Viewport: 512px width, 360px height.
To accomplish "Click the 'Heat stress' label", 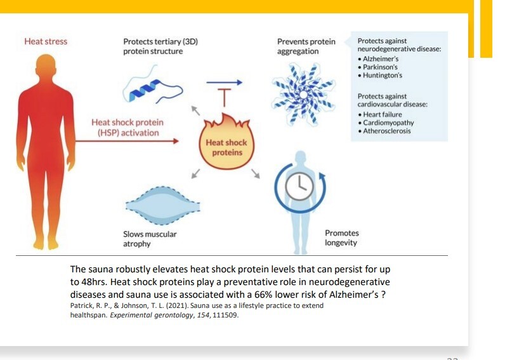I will [x=46, y=42].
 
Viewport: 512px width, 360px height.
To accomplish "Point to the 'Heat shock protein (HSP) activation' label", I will [x=127, y=127].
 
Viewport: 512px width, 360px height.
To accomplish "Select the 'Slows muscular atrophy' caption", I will [x=150, y=239].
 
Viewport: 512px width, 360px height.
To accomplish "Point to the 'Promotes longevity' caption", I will [x=341, y=238].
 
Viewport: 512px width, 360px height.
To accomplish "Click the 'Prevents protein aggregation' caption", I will [x=306, y=46].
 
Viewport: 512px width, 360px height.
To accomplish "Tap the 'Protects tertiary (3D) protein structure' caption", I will [x=161, y=46].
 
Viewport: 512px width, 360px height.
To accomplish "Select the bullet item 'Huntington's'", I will [x=383, y=76].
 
